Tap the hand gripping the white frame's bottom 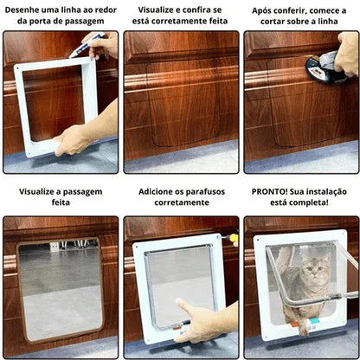74,138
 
